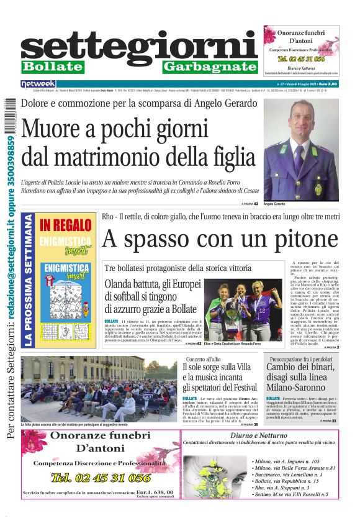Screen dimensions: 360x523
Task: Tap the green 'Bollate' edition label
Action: click(52, 66)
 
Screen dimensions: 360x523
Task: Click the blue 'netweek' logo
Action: click(38, 83)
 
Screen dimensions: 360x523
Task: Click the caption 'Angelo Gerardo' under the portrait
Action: click(274, 204)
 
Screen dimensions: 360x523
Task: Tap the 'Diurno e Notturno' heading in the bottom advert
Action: click(282, 435)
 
